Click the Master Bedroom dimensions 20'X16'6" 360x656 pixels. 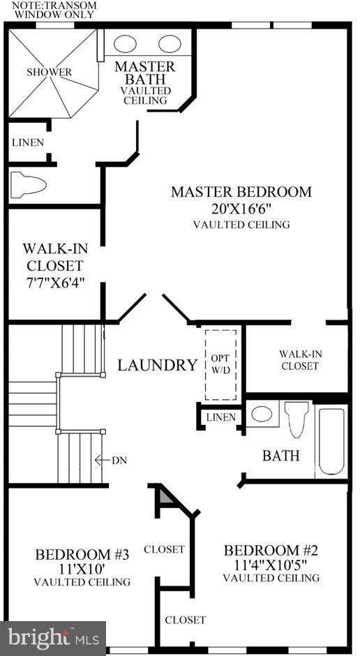coord(241,208)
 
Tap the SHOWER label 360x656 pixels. coord(49,72)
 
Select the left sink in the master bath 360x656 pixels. coord(126,43)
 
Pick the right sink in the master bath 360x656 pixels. coord(169,43)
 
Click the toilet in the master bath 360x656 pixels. coord(29,185)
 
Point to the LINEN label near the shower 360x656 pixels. coord(28,142)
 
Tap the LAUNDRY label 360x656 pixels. coord(157,364)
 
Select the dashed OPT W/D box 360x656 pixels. coord(220,364)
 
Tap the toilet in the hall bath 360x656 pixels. coord(297,417)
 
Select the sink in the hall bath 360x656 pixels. coord(262,414)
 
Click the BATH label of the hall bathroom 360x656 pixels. coord(280,456)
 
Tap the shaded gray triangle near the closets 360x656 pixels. coord(165,498)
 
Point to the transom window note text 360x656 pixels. coord(49,9)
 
